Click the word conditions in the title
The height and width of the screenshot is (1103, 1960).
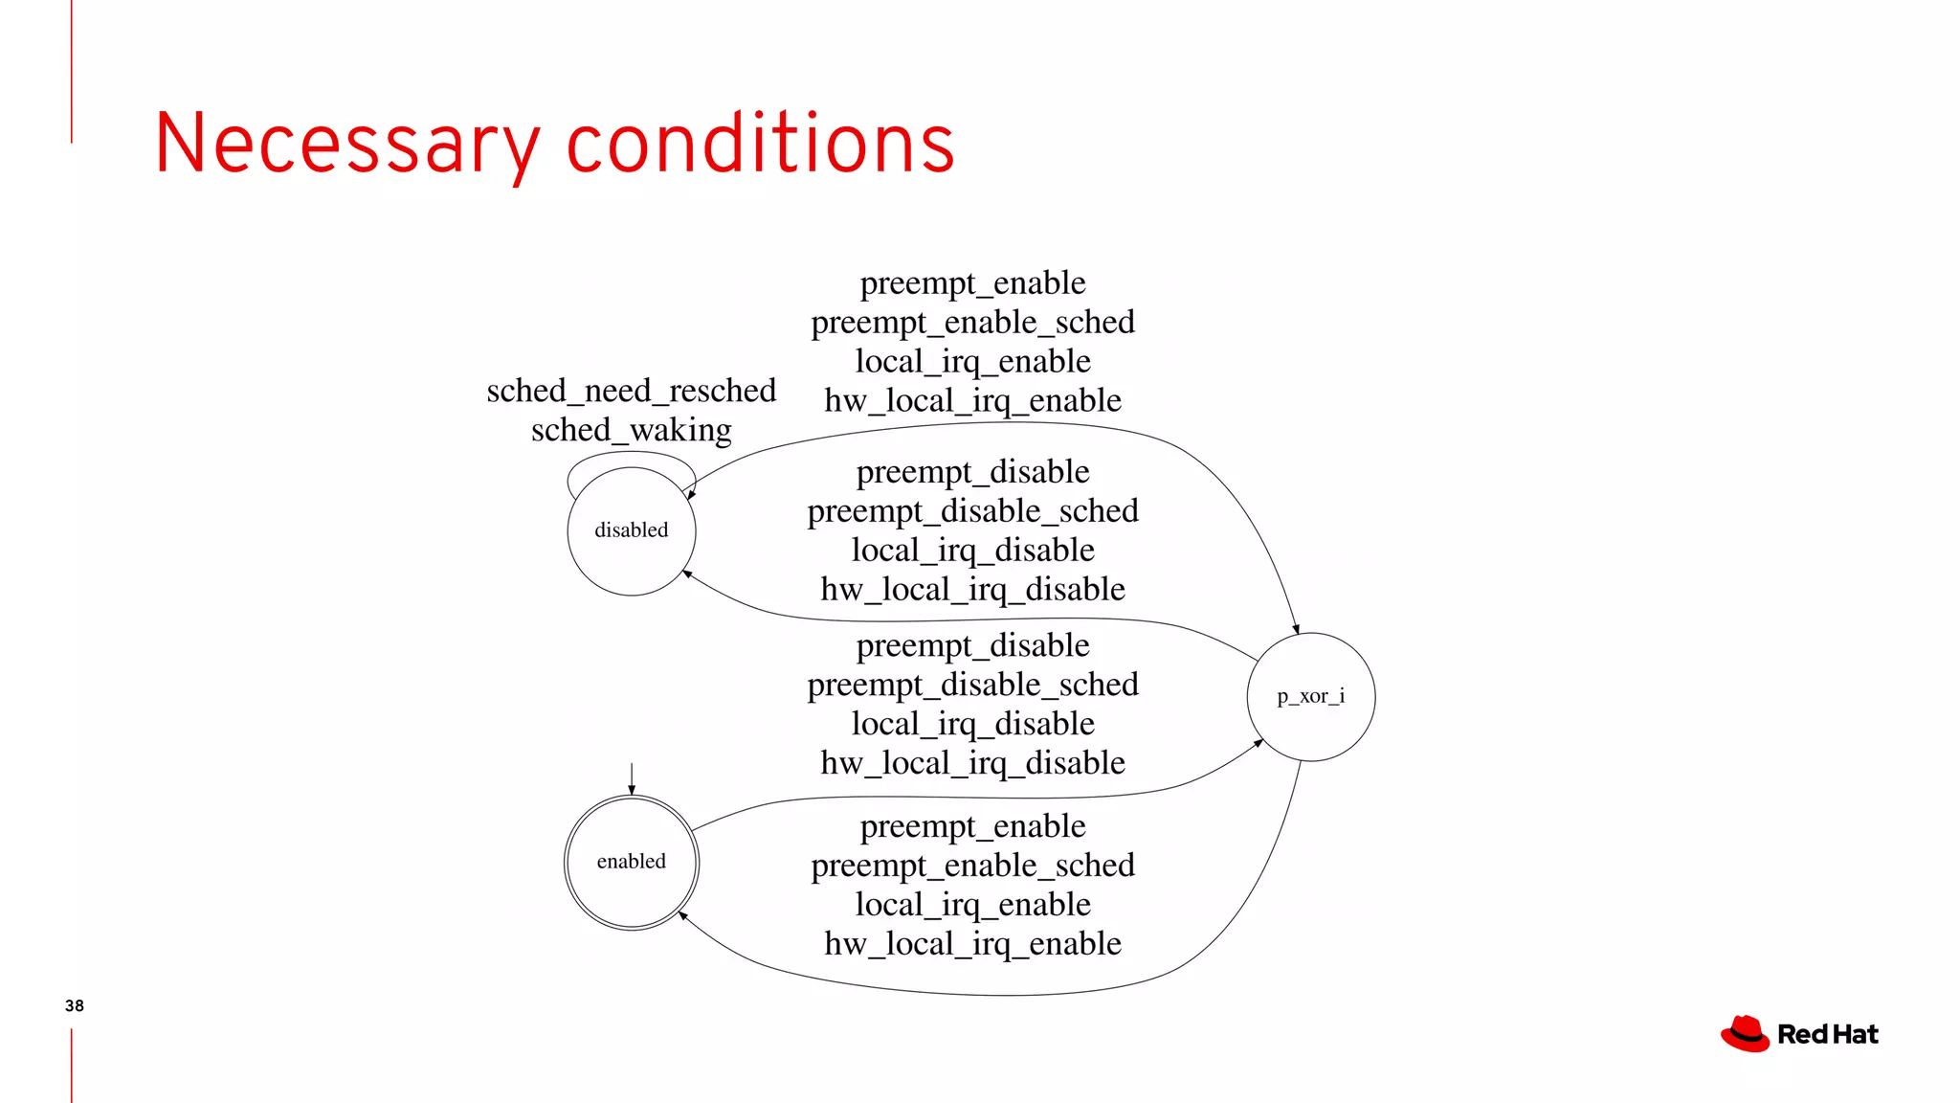761,144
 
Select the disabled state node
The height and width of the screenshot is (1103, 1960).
632,531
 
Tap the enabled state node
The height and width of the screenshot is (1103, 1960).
632,862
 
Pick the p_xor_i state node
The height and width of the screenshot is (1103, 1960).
1311,697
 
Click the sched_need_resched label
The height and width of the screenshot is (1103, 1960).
632,391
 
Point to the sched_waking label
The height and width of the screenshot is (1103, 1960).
632,430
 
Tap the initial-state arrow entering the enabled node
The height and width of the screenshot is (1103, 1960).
632,778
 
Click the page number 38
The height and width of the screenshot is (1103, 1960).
75,1005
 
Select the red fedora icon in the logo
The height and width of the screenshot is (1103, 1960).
1745,1034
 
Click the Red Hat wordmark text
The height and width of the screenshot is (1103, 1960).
1828,1035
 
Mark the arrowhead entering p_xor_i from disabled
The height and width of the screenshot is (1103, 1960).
1296,629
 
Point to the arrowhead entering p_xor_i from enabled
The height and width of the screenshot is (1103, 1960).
1258,743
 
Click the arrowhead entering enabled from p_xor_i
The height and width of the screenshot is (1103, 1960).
682,915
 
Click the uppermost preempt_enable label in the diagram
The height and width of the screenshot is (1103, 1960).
973,283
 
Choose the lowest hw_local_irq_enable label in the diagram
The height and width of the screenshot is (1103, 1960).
973,944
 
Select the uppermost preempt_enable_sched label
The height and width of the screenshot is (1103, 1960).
973,323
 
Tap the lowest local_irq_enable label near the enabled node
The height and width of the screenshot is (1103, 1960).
973,905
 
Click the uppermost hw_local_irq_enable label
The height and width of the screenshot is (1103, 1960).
973,400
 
